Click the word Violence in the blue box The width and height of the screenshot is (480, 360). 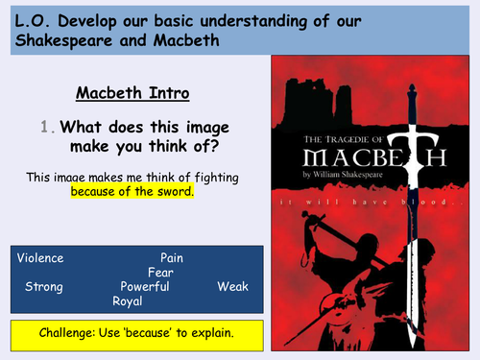pyautogui.click(x=40, y=258)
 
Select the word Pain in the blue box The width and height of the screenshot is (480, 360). pyautogui.click(x=171, y=258)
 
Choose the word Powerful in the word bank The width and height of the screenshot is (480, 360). pyautogui.click(x=145, y=287)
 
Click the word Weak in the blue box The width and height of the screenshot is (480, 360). pyautogui.click(x=234, y=287)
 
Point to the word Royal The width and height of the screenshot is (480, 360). pyautogui.click(x=128, y=301)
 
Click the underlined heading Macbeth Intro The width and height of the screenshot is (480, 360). pyautogui.click(x=132, y=94)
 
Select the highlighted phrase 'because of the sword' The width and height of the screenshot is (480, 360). pyautogui.click(x=132, y=191)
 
